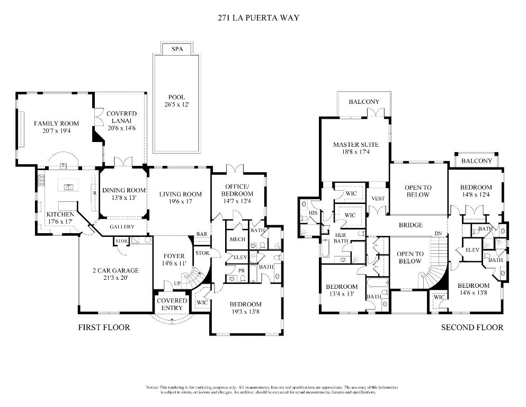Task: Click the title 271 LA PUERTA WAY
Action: pyautogui.click(x=259, y=17)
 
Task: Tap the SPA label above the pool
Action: pyautogui.click(x=177, y=49)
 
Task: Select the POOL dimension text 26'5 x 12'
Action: pyautogui.click(x=176, y=105)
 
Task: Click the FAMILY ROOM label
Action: pyautogui.click(x=57, y=123)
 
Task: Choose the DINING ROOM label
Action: pyautogui.click(x=124, y=190)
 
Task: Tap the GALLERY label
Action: pyautogui.click(x=122, y=227)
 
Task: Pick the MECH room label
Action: pyautogui.click(x=236, y=240)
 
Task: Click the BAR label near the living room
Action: pyautogui.click(x=201, y=234)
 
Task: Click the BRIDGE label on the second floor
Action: pyautogui.click(x=411, y=225)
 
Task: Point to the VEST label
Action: pyautogui.click(x=378, y=199)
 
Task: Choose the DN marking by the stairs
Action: pyautogui.click(x=438, y=234)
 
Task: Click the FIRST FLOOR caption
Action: pyautogui.click(x=104, y=328)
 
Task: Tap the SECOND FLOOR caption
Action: pyautogui.click(x=472, y=328)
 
